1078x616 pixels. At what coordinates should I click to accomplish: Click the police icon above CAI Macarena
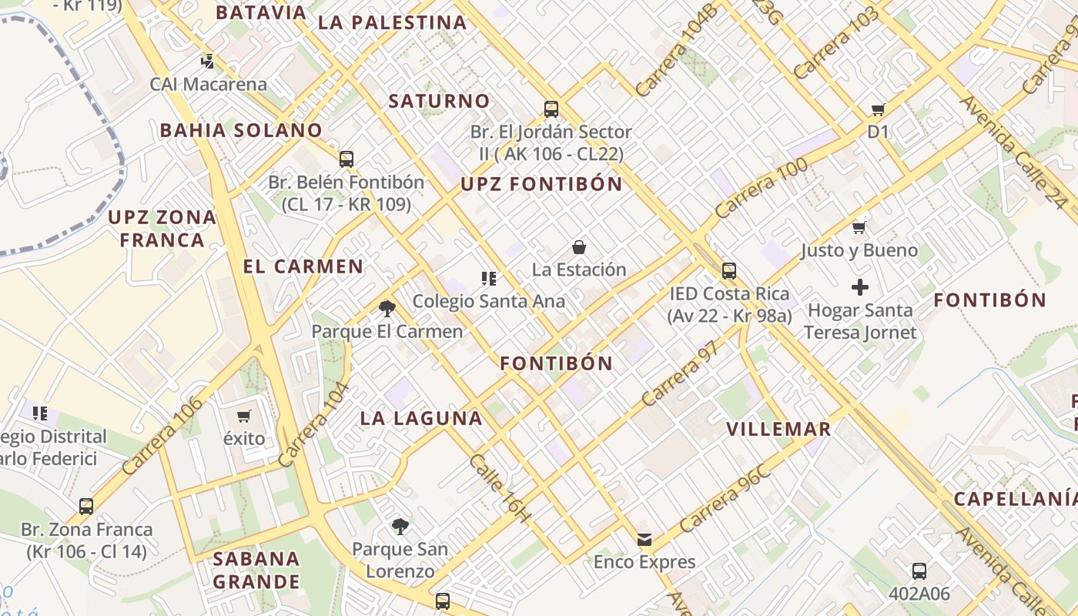(206, 61)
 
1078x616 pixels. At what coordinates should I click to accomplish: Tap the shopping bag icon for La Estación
(579, 247)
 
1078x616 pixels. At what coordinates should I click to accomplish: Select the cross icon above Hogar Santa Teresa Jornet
(860, 288)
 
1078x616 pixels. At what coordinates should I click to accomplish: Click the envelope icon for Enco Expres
(644, 540)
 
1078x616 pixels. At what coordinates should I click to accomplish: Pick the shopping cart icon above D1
(878, 109)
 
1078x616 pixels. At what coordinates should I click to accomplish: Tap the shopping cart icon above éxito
(244, 417)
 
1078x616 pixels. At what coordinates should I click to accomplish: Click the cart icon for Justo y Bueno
(859, 227)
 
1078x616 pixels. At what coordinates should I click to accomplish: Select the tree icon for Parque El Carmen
(387, 309)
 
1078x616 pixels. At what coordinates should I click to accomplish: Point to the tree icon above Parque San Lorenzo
(400, 527)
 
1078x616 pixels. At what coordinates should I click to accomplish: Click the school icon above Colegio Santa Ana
(489, 278)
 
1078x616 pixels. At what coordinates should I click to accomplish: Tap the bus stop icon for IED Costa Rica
(729, 271)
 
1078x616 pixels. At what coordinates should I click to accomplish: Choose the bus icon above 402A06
(919, 571)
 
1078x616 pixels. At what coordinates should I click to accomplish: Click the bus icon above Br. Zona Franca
(86, 507)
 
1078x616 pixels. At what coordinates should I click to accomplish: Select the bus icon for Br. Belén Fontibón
(346, 159)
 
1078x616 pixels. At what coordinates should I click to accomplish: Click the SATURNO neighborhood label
(439, 101)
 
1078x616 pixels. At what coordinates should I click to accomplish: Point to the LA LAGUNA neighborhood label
(421, 418)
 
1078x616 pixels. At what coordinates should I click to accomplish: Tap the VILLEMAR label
(778, 429)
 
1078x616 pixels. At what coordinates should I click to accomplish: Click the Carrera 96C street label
(725, 500)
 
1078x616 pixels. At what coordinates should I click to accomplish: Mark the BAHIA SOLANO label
(240, 130)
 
